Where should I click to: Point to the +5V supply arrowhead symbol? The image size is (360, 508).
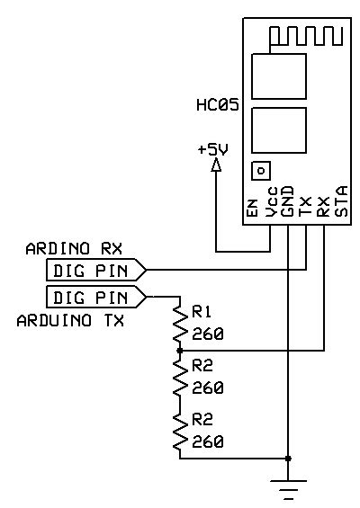point(216,167)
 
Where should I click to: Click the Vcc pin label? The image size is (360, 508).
point(270,205)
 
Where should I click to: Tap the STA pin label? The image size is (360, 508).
point(340,202)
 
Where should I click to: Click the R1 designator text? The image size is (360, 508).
point(202,313)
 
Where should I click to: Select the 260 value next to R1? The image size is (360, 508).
point(207,334)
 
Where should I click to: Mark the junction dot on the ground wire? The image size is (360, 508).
point(288,459)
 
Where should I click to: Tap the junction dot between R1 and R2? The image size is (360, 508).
point(180,351)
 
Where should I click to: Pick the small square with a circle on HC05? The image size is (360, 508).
point(261,169)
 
